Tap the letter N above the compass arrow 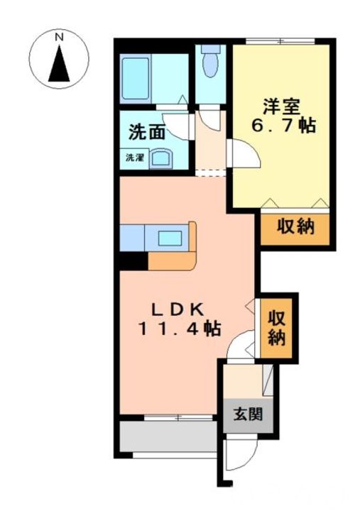pyautogui.click(x=59, y=38)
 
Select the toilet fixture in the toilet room pyautogui.click(x=210, y=61)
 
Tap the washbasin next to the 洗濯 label pyautogui.click(x=161, y=159)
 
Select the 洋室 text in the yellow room pyautogui.click(x=281, y=106)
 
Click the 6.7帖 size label pyautogui.click(x=283, y=126)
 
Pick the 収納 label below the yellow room pyautogui.click(x=296, y=226)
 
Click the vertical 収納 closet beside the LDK pyautogui.click(x=276, y=329)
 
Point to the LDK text pyautogui.click(x=178, y=309)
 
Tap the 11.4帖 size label pyautogui.click(x=180, y=329)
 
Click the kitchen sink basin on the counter pyautogui.click(x=170, y=238)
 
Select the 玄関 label pyautogui.click(x=248, y=415)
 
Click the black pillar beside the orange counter pyautogui.click(x=133, y=261)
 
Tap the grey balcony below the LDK pyautogui.click(x=168, y=436)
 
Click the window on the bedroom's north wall pyautogui.click(x=280, y=41)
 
